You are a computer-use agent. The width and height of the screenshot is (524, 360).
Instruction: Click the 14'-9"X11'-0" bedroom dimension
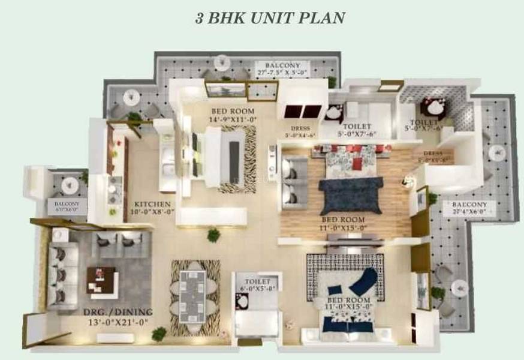233,119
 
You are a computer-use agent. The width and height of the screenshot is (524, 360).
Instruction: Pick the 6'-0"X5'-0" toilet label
257,289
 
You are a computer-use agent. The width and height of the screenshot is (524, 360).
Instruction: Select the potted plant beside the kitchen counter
213,235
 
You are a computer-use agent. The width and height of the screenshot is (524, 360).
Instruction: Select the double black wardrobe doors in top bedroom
303,112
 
